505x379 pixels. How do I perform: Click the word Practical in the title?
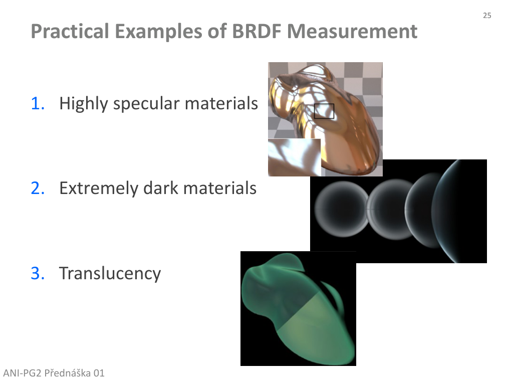click(70, 32)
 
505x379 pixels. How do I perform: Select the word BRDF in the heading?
click(257, 31)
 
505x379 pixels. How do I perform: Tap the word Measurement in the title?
click(352, 31)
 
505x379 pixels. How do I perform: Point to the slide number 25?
click(487, 16)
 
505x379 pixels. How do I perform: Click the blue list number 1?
click(38, 104)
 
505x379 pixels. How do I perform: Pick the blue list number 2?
click(38, 188)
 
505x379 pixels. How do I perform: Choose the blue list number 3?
click(38, 273)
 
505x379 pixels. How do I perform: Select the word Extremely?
click(99, 188)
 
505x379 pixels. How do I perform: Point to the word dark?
click(160, 188)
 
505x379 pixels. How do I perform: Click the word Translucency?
click(110, 274)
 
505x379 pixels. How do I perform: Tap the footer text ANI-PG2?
click(22, 373)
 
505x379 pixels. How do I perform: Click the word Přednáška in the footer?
click(67, 372)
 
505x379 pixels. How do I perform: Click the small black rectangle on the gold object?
click(324, 111)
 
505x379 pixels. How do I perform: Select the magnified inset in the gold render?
click(295, 157)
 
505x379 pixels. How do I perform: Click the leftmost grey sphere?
click(342, 209)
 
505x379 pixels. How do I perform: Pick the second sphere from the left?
click(388, 210)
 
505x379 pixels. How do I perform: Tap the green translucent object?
click(298, 309)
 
